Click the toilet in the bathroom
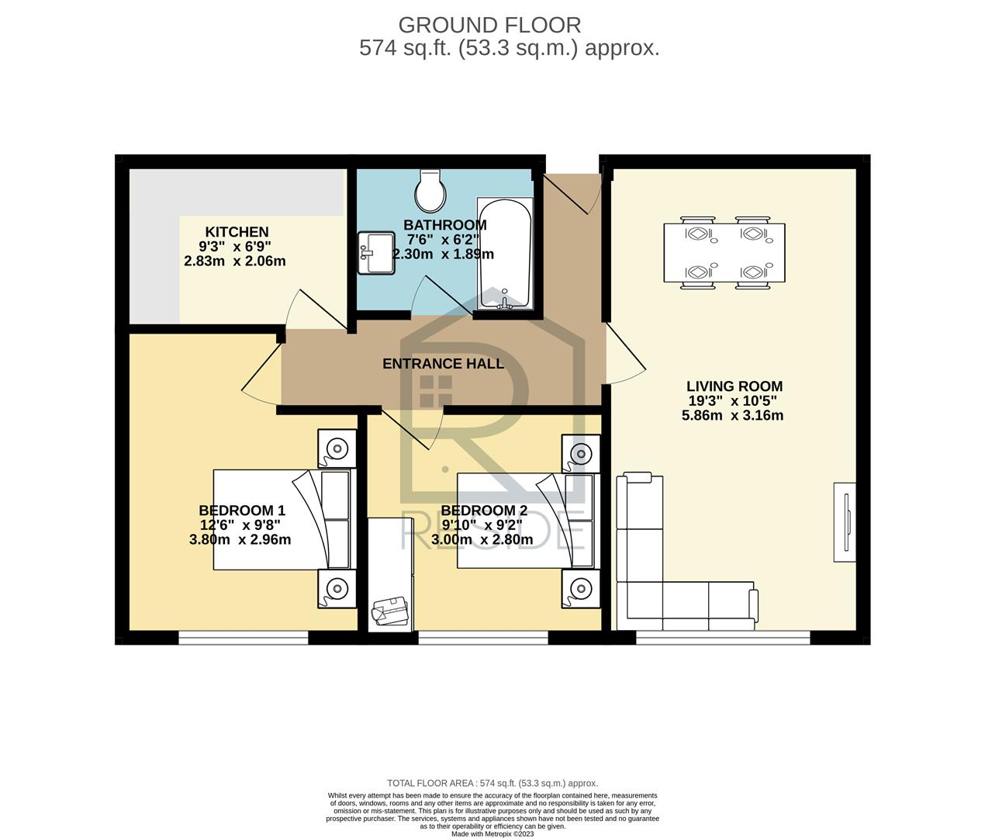[430, 191]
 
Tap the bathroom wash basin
[376, 253]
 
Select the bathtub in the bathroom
[505, 254]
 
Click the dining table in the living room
[724, 253]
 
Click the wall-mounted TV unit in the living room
[845, 522]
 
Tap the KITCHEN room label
[237, 232]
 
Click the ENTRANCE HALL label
[443, 364]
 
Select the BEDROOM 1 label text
[242, 511]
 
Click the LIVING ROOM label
[734, 386]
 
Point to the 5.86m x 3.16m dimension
[732, 415]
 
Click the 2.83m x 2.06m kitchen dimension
[235, 261]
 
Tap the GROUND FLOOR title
[490, 26]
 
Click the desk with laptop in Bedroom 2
[391, 576]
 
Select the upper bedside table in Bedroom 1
[337, 448]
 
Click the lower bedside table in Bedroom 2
[581, 589]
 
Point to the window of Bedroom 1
[244, 637]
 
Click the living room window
[723, 637]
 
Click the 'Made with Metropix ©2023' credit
[492, 834]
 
